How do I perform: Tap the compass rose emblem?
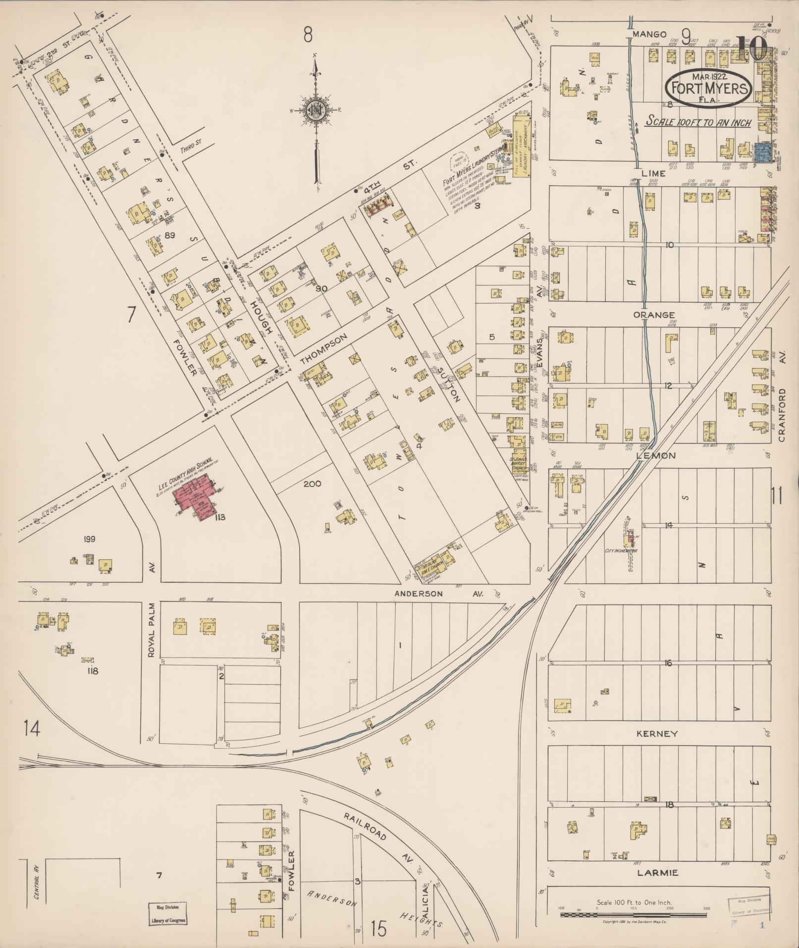[x=315, y=110]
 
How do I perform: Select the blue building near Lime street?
[x=764, y=153]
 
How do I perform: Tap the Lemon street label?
[x=659, y=455]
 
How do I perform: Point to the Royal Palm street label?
[x=152, y=630]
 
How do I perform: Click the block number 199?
[x=89, y=539]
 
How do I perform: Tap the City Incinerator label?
[x=621, y=551]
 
